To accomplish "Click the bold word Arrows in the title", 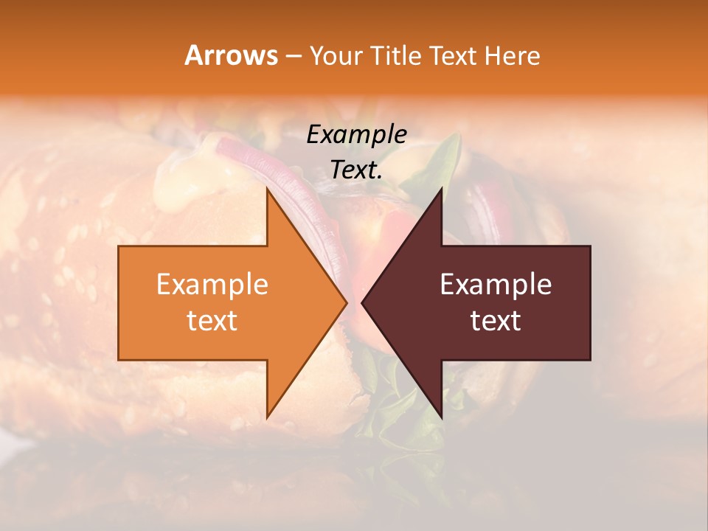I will pos(231,55).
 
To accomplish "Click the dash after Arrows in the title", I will pos(294,56).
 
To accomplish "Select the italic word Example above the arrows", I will pos(356,134).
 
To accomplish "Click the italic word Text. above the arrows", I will pos(356,170).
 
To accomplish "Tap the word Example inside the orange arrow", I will pos(212,285).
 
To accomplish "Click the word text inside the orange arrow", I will pos(212,320).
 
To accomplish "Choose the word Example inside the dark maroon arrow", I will pos(496,285).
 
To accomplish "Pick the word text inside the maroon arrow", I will pos(496,320).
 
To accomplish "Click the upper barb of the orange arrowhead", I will pos(268,193).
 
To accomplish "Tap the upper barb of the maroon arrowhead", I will pos(440,193).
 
